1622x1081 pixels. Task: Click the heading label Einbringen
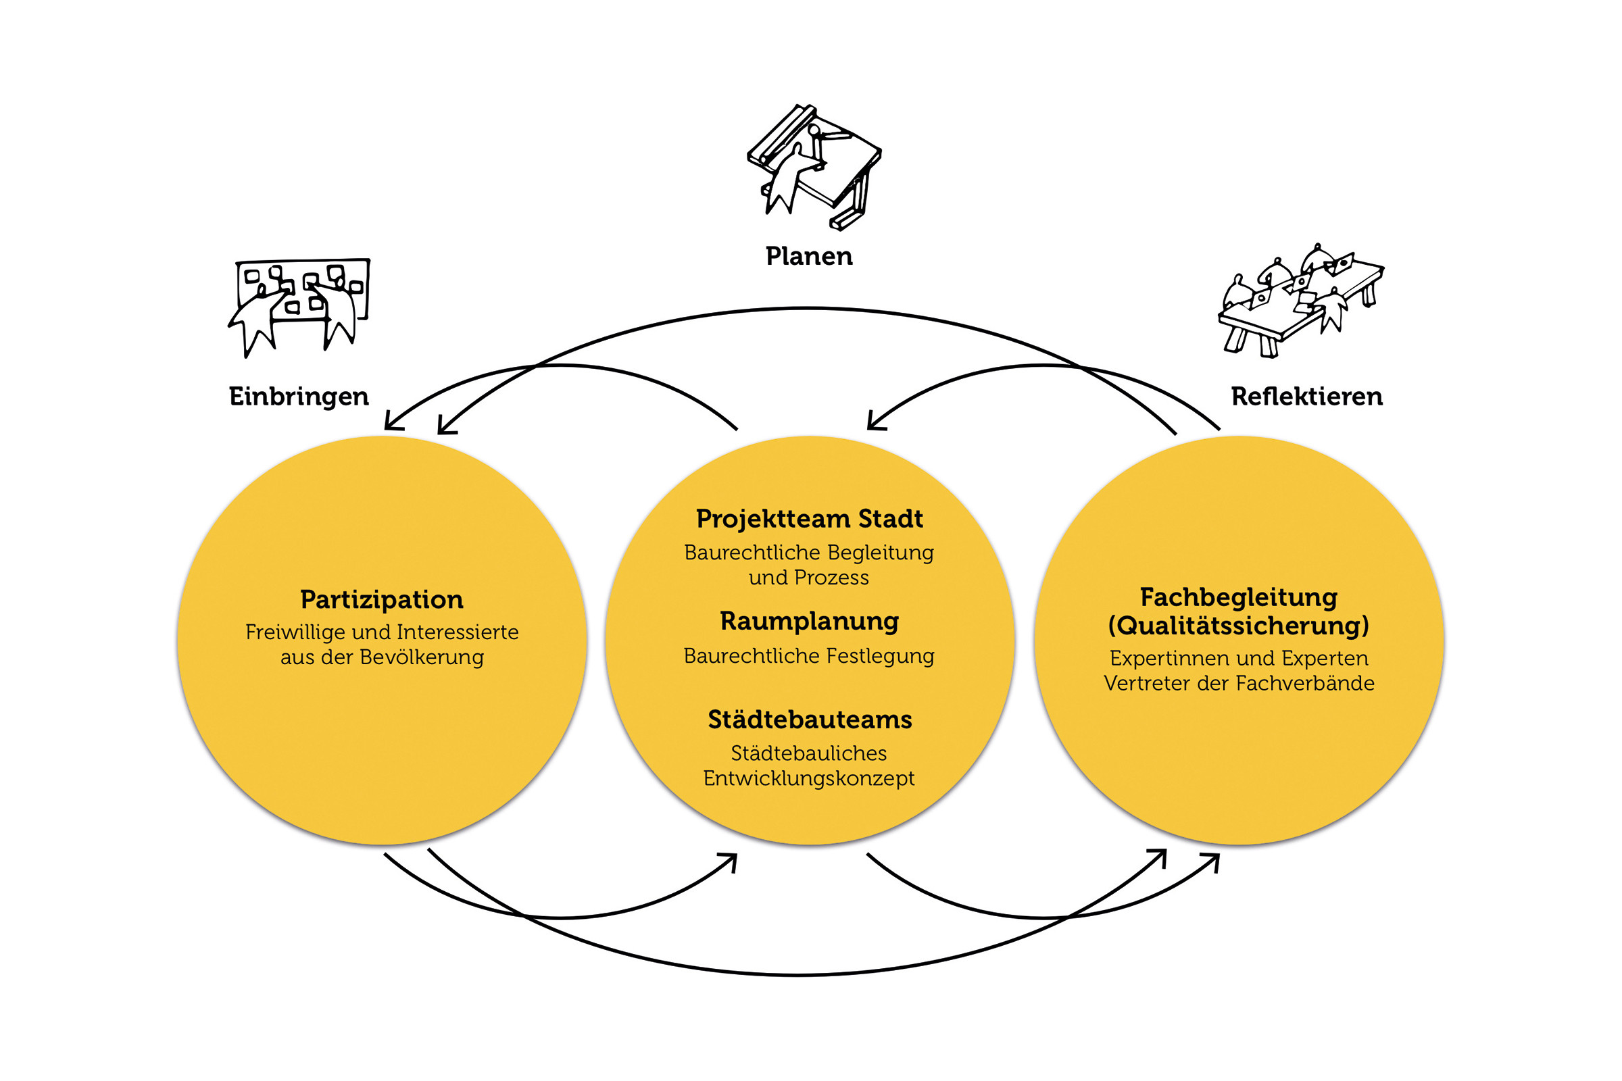(299, 397)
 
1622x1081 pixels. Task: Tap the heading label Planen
(809, 256)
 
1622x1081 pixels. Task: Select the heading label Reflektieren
(1307, 397)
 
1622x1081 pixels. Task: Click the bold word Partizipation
(381, 599)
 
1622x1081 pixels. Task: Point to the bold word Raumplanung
(809, 621)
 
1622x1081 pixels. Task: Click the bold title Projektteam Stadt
(809, 518)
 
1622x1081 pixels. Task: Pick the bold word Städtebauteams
(810, 719)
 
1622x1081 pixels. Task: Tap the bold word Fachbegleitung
(1239, 597)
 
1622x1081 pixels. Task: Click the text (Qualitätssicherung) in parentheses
(1239, 626)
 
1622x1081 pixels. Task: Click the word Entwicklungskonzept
(809, 778)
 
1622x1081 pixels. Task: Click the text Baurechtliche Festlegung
(809, 655)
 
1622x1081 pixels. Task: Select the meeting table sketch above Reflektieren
(1300, 300)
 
